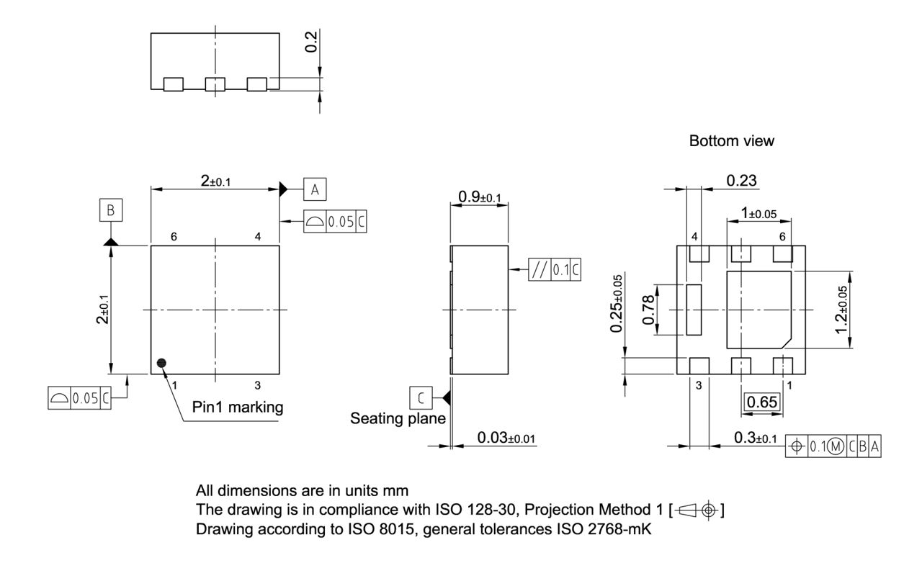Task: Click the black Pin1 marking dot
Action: [162, 362]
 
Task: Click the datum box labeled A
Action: [315, 189]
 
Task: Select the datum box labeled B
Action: [110, 210]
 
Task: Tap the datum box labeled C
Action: [420, 397]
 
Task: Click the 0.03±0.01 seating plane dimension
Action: [506, 438]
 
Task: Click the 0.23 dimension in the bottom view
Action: [741, 181]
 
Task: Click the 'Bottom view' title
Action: [732, 141]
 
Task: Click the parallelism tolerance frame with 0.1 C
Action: [554, 270]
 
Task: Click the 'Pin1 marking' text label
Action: [238, 407]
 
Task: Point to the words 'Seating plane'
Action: [398, 418]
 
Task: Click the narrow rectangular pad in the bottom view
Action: [694, 310]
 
